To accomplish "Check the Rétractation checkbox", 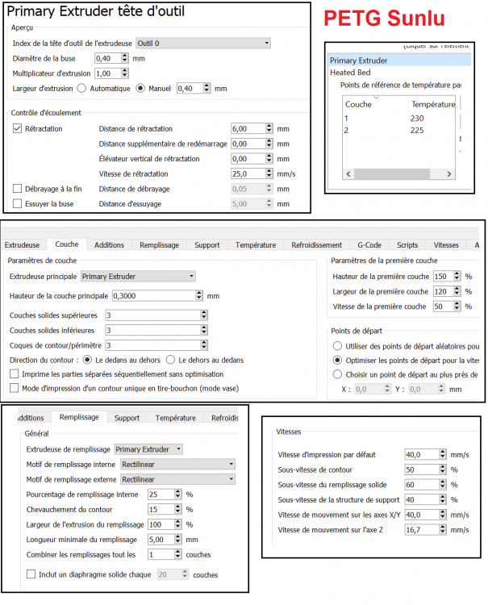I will tap(18, 128).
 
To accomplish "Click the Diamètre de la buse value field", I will tap(107, 58).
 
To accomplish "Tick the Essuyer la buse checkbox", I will tap(18, 204).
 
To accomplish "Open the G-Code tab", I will tap(369, 244).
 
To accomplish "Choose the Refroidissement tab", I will tap(315, 244).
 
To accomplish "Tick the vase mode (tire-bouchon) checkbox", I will tap(14, 388).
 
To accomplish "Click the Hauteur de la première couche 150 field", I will tap(444, 277).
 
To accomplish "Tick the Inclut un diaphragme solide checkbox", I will tap(31, 574).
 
